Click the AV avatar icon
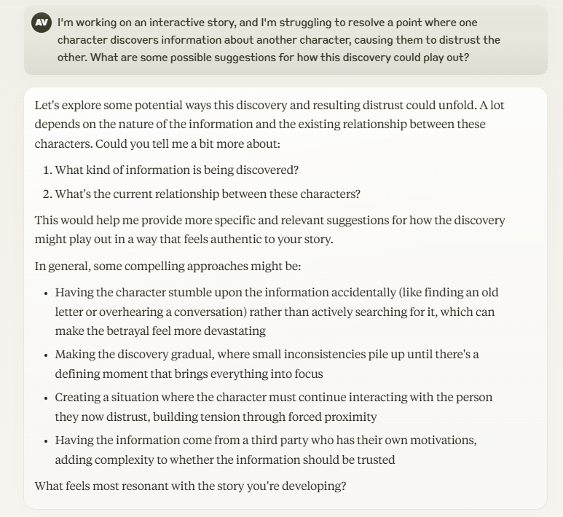[42, 23]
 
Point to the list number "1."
[47, 170]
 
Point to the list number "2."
[47, 194]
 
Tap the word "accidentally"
[363, 293]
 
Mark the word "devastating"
[236, 331]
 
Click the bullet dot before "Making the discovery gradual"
[46, 355]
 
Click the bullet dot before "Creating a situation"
[46, 398]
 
